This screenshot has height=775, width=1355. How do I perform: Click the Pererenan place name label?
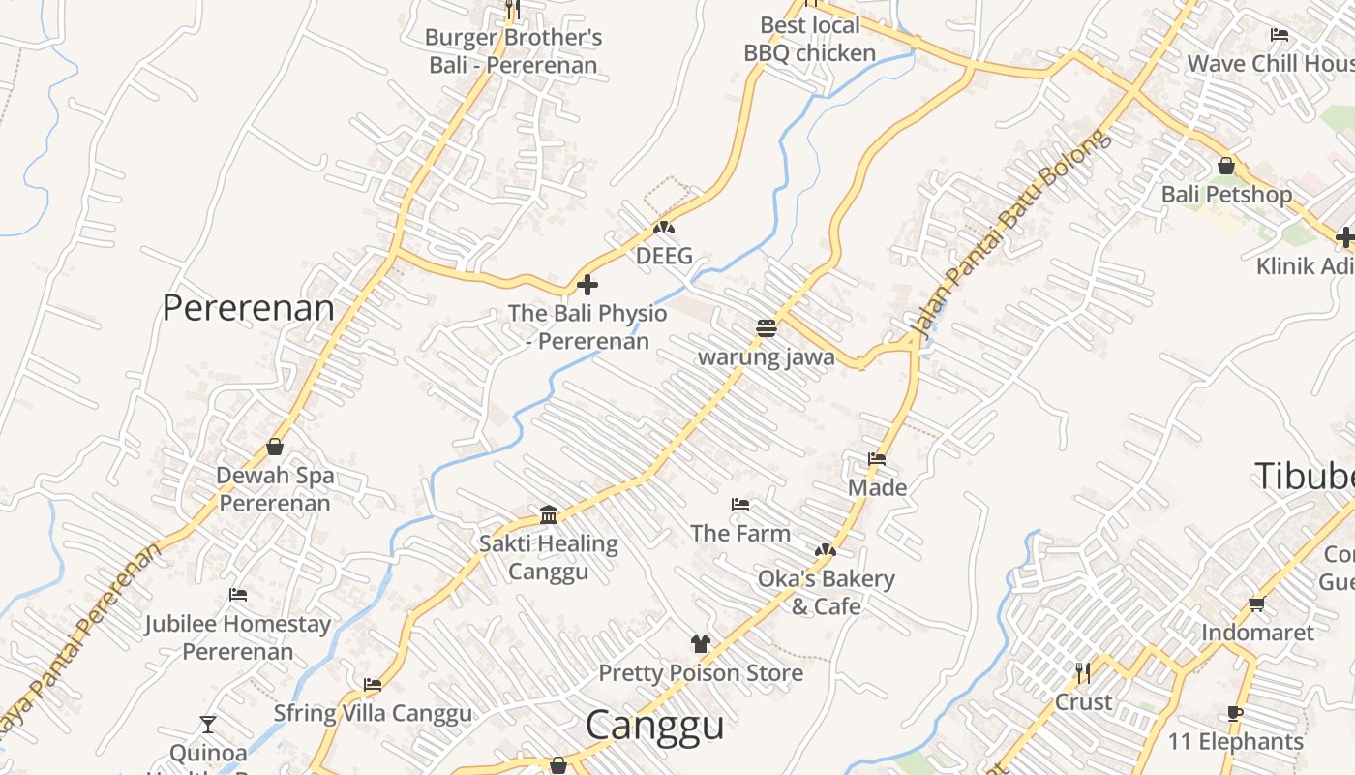click(248, 308)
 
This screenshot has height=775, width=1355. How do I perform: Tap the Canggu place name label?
click(654, 725)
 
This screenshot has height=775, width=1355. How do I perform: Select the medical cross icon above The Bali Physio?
click(587, 285)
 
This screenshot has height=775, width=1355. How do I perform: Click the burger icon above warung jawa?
click(767, 327)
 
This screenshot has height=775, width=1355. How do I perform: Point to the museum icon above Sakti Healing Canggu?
click(549, 514)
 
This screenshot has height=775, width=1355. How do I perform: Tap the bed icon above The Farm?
click(740, 505)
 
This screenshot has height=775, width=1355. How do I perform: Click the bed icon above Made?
click(877, 459)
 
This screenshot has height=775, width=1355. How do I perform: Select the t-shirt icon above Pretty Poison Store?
click(701, 644)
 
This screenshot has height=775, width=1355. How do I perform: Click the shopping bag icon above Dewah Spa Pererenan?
click(275, 447)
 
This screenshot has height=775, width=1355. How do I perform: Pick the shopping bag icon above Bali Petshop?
click(1226, 166)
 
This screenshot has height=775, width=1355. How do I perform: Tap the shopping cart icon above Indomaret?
click(1256, 604)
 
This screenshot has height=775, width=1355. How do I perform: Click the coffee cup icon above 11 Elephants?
click(1235, 713)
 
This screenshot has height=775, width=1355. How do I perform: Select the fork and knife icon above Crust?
click(1083, 672)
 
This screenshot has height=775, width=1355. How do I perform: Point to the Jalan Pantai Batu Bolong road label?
click(1010, 236)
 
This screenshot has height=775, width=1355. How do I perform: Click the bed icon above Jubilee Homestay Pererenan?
click(238, 595)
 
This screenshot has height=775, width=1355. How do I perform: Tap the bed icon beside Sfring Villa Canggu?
click(373, 685)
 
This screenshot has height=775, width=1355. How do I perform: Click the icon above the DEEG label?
click(664, 229)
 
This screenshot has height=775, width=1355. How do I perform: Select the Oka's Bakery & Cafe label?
click(826, 592)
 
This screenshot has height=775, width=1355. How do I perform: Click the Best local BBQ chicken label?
click(809, 39)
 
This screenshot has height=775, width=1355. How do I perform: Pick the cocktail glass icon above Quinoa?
click(208, 724)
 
